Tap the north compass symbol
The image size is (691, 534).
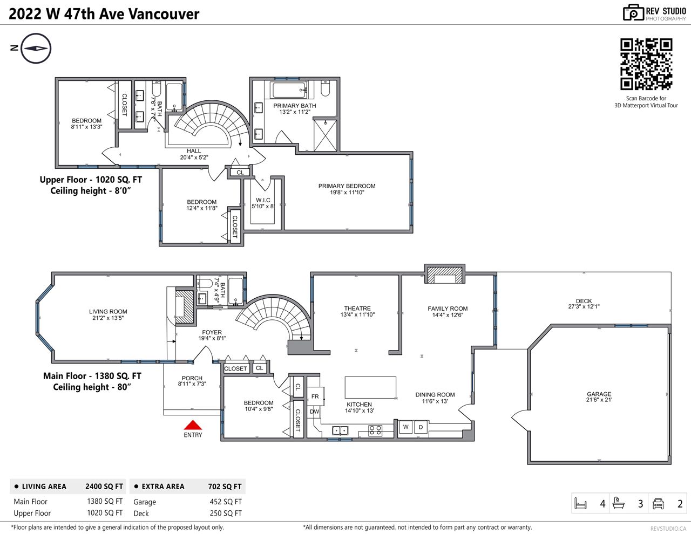(x=36, y=49)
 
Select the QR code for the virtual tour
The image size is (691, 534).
(x=646, y=64)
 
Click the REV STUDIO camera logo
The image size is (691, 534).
(x=633, y=13)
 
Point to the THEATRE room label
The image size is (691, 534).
(x=357, y=309)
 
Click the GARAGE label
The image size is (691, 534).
(x=599, y=394)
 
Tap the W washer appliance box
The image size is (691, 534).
(x=406, y=427)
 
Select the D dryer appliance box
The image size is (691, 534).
(x=421, y=427)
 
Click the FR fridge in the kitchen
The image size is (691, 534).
(x=315, y=396)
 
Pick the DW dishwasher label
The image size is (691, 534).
(x=315, y=412)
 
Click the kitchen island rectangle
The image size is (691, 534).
(x=370, y=387)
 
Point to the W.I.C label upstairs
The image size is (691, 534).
(x=263, y=200)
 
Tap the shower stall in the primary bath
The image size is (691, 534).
(x=325, y=135)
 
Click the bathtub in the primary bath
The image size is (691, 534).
(x=290, y=90)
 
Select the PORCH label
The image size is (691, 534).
(x=192, y=378)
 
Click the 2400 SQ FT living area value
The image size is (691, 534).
(x=104, y=487)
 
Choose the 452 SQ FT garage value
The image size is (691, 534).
(x=226, y=502)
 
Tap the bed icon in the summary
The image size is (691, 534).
(x=581, y=503)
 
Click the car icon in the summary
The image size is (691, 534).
(x=658, y=504)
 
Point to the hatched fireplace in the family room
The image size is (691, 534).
(x=444, y=275)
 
